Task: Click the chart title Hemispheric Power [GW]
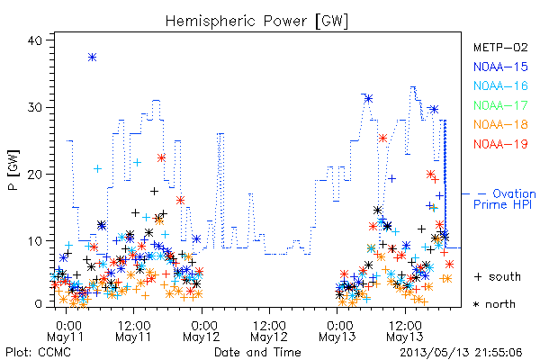click(x=256, y=22)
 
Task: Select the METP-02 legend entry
click(x=500, y=47)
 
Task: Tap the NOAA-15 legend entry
click(x=500, y=67)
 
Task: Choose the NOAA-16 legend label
click(x=500, y=85)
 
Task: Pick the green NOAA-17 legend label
click(x=500, y=105)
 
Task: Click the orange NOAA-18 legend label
click(x=500, y=124)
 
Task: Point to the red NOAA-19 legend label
click(x=500, y=144)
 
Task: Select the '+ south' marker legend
click(x=498, y=276)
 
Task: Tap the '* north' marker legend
click(x=494, y=304)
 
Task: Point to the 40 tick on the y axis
click(x=34, y=40)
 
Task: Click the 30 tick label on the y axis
click(x=34, y=107)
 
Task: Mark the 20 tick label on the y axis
click(x=34, y=175)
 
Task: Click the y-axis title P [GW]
click(x=14, y=170)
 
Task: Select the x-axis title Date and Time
click(x=257, y=353)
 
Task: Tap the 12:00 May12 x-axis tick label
click(x=269, y=331)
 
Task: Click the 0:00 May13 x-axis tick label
click(x=337, y=331)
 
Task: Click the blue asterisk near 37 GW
click(x=92, y=58)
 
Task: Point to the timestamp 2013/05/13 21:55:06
click(x=461, y=353)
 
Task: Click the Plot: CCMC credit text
click(x=38, y=353)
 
